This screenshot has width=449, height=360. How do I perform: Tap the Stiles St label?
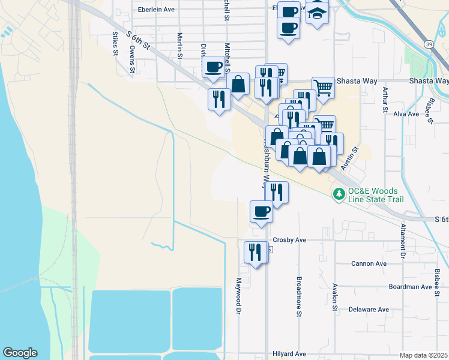tap(115, 44)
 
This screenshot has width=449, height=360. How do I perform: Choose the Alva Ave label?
tap(406, 113)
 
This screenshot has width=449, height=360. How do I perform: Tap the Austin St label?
tap(349, 158)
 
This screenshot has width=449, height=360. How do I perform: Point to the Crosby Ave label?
tap(289, 240)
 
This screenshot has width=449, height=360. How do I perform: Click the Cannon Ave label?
tap(369, 263)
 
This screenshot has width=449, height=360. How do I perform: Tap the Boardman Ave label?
tap(410, 287)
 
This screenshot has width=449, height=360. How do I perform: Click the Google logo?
tap(20, 353)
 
